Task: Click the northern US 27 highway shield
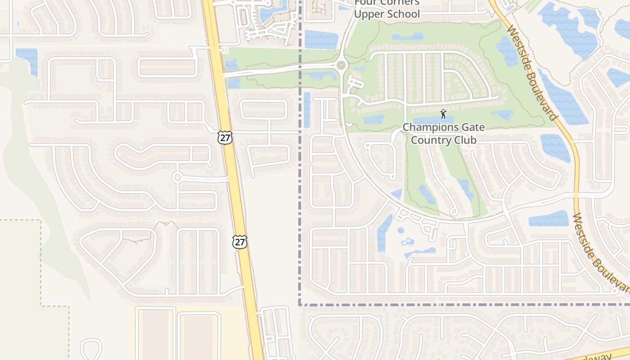[x=225, y=137]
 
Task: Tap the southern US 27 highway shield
[x=240, y=242]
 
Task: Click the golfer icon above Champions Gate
[x=443, y=113]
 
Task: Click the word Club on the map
[x=465, y=140]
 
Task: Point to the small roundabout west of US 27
[x=177, y=177]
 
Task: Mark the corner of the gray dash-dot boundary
[x=300, y=305]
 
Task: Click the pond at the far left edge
[x=28, y=58]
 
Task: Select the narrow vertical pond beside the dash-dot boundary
[x=306, y=109]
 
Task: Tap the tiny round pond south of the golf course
[x=400, y=230]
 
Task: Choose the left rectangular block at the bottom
[x=154, y=333]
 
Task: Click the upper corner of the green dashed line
[x=41, y=220]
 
